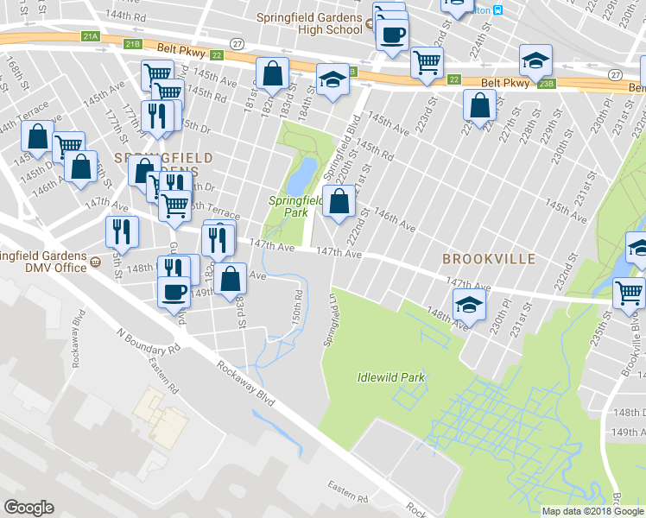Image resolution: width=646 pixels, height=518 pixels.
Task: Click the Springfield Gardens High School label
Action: [x=308, y=23]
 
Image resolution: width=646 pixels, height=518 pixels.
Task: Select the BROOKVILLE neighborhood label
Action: [x=489, y=259]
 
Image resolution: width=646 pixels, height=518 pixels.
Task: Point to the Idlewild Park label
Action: [x=391, y=377]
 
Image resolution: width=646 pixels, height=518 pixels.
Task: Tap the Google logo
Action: [x=28, y=508]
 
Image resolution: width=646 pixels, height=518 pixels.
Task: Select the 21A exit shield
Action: [x=92, y=37]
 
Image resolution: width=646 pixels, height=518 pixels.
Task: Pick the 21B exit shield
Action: [x=132, y=44]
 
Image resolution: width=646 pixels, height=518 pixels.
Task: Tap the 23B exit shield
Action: [x=546, y=84]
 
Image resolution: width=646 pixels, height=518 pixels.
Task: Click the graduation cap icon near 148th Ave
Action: [x=469, y=304]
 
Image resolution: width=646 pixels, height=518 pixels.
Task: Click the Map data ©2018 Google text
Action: [x=592, y=511]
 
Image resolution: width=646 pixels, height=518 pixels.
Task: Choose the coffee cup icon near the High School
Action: [x=393, y=35]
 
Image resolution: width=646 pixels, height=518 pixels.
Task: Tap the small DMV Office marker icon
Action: [x=95, y=262]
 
